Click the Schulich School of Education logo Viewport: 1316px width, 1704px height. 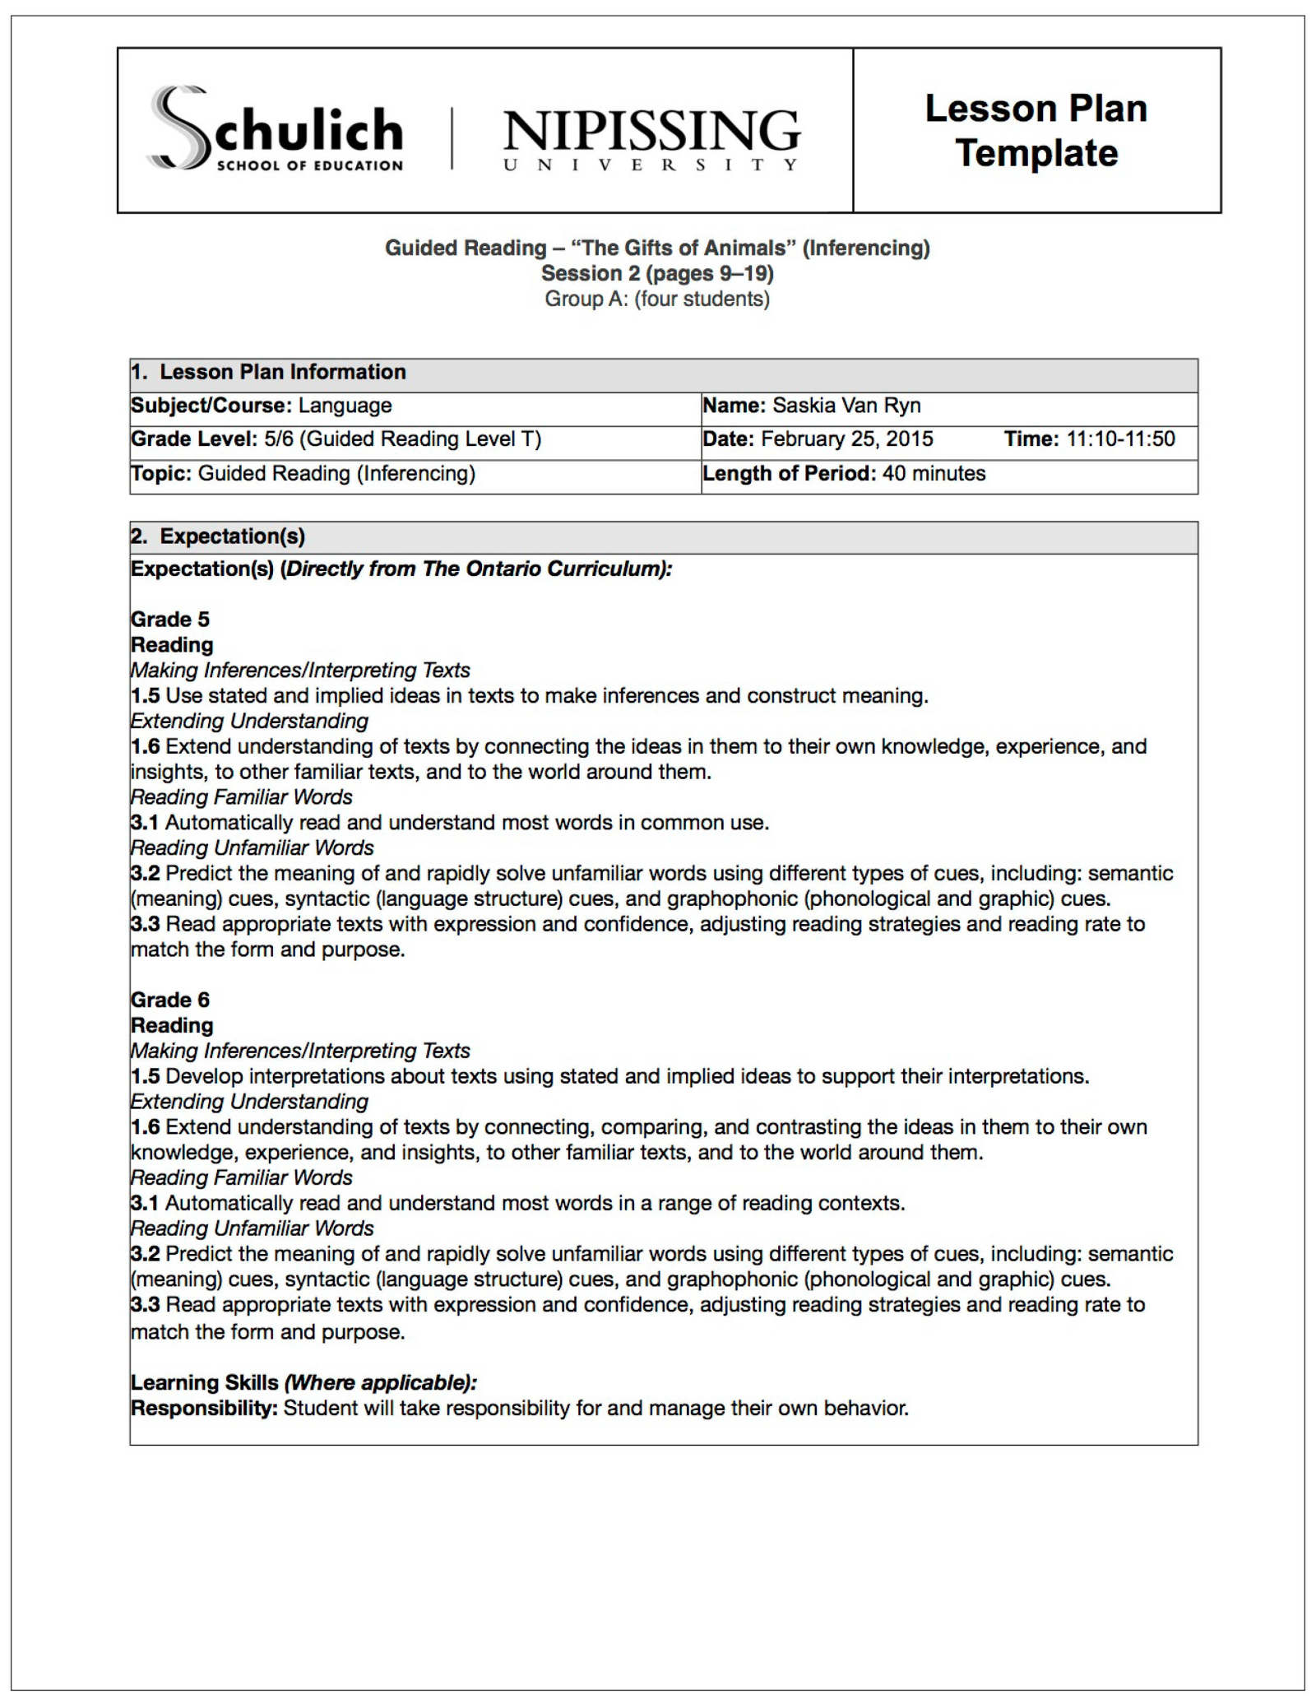pos(276,130)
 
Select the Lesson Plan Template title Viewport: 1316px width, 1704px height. pos(1036,131)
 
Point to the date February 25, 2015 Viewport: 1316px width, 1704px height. pos(846,439)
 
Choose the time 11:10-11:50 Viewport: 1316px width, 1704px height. pos(1120,439)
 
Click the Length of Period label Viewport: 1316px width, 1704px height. pos(788,474)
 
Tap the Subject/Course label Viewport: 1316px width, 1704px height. pos(211,406)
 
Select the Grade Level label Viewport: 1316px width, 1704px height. pos(194,439)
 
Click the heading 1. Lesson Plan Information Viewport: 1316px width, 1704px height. pos(268,372)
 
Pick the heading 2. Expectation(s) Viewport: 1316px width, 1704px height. pos(218,536)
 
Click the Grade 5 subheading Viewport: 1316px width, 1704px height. pos(170,620)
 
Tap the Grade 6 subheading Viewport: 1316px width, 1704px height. pos(170,1000)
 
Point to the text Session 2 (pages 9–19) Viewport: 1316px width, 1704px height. pos(657,273)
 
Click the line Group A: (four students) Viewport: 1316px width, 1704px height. pos(657,299)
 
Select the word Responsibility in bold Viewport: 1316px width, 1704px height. pos(204,1409)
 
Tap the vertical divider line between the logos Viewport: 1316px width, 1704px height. pos(452,138)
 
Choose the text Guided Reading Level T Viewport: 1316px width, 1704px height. pos(419,439)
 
